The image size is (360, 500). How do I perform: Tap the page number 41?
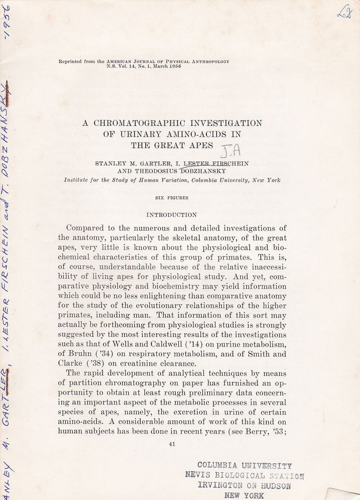[172, 444]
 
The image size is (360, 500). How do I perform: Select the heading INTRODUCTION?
[171, 214]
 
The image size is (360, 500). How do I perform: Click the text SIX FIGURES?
[171, 198]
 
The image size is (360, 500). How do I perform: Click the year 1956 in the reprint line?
[174, 66]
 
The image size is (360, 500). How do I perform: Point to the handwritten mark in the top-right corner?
[344, 13]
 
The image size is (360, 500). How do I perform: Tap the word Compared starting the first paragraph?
[84, 228]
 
